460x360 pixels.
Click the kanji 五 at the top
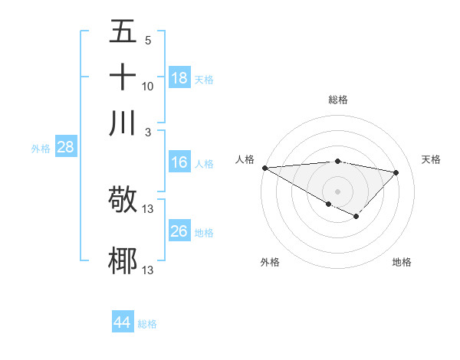point(123,31)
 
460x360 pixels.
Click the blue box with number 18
point(179,78)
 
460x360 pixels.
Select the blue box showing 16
point(179,162)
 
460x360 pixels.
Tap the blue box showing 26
point(179,231)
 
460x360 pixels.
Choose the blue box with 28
point(66,148)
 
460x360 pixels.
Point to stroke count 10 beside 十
point(148,87)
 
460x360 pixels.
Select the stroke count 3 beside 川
point(148,133)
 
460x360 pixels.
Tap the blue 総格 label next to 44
point(147,324)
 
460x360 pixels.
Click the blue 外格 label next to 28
point(41,149)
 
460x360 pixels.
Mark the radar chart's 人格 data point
point(264,168)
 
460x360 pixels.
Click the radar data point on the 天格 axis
point(396,172)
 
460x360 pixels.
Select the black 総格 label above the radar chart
point(338,100)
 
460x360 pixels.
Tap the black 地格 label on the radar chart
point(402,263)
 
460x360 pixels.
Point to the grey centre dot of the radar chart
point(337,191)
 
